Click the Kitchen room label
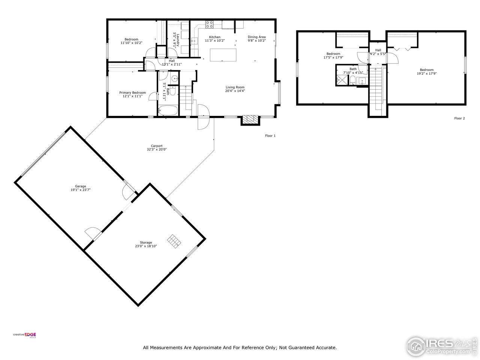(214, 37)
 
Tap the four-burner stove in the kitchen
(209, 25)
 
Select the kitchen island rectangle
(223, 55)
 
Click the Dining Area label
(256, 37)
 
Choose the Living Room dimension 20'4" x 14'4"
(235, 91)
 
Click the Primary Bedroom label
(132, 93)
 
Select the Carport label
(157, 146)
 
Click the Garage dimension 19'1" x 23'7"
(81, 190)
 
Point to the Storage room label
(146, 243)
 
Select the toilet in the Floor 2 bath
(352, 79)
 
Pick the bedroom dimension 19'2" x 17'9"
(426, 73)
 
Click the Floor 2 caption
(459, 118)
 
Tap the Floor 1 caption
(270, 136)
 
